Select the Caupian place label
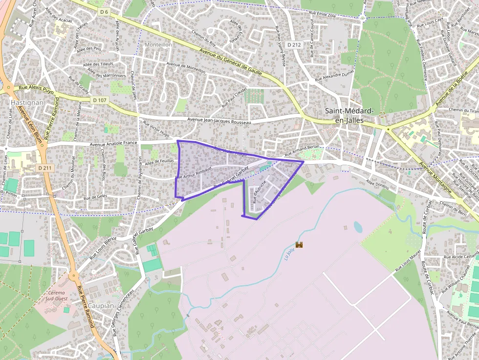[x=102, y=306]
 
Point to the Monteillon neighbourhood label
[x=158, y=44]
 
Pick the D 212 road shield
[x=294, y=44]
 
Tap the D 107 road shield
[x=100, y=100]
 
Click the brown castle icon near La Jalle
[x=300, y=244]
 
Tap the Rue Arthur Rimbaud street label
[x=193, y=172]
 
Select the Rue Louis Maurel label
[x=408, y=261]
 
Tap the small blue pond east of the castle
[x=358, y=227]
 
